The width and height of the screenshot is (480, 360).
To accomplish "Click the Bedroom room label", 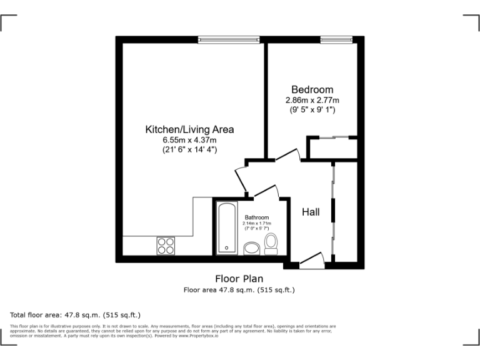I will (x=312, y=89).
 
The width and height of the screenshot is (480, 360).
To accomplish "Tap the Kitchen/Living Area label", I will (x=189, y=129).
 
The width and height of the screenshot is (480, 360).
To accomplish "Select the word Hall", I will (x=311, y=212).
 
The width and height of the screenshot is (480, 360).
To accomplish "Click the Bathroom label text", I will (x=256, y=217).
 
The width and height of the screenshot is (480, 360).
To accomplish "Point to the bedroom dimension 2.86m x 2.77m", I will (x=312, y=100).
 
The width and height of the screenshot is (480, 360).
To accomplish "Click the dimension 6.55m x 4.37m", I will (x=189, y=140).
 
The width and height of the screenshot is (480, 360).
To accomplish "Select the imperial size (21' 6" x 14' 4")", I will (x=189, y=150).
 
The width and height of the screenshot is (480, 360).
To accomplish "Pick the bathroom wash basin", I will (x=252, y=249).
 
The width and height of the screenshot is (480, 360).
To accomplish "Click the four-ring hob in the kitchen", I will (x=166, y=246).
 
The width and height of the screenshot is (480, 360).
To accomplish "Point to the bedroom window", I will (x=336, y=40).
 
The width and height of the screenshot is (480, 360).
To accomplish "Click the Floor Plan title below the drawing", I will (x=239, y=279).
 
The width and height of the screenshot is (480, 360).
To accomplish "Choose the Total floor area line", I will (x=76, y=314).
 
